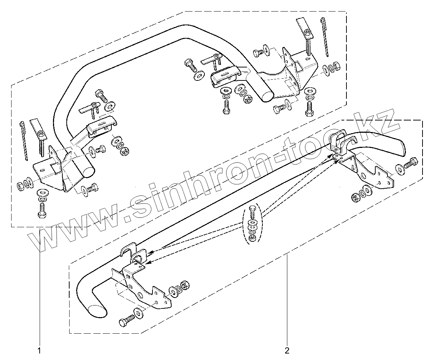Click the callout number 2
(287, 350)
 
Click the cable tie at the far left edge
(24, 141)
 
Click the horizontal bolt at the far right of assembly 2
(411, 163)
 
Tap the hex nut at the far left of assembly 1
(20, 186)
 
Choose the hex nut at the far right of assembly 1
(335, 66)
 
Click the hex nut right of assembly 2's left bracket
(184, 285)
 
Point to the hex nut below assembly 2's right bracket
(354, 197)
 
